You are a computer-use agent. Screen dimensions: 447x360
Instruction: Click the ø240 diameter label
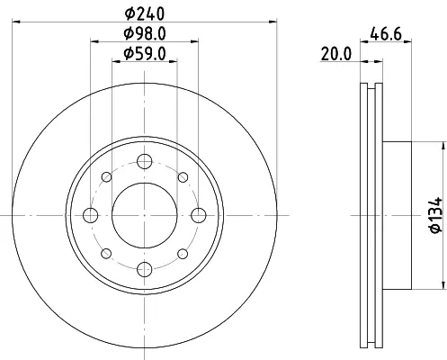[x=145, y=13]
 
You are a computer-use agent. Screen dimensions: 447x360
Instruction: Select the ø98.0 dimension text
[x=145, y=33]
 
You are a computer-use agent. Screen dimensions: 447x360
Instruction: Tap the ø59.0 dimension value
[x=145, y=54]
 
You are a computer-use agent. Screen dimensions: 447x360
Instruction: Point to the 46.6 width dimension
[x=386, y=33]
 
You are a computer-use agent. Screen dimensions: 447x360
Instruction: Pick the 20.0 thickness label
[x=335, y=54]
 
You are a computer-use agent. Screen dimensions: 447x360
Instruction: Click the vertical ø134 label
[x=436, y=214]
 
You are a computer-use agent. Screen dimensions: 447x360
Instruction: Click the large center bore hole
[x=145, y=215]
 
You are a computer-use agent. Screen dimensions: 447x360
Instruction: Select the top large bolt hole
[x=145, y=161]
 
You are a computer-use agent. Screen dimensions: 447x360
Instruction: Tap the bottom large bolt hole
[x=145, y=269]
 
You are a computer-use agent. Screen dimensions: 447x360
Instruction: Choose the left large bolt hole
[x=90, y=215]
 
